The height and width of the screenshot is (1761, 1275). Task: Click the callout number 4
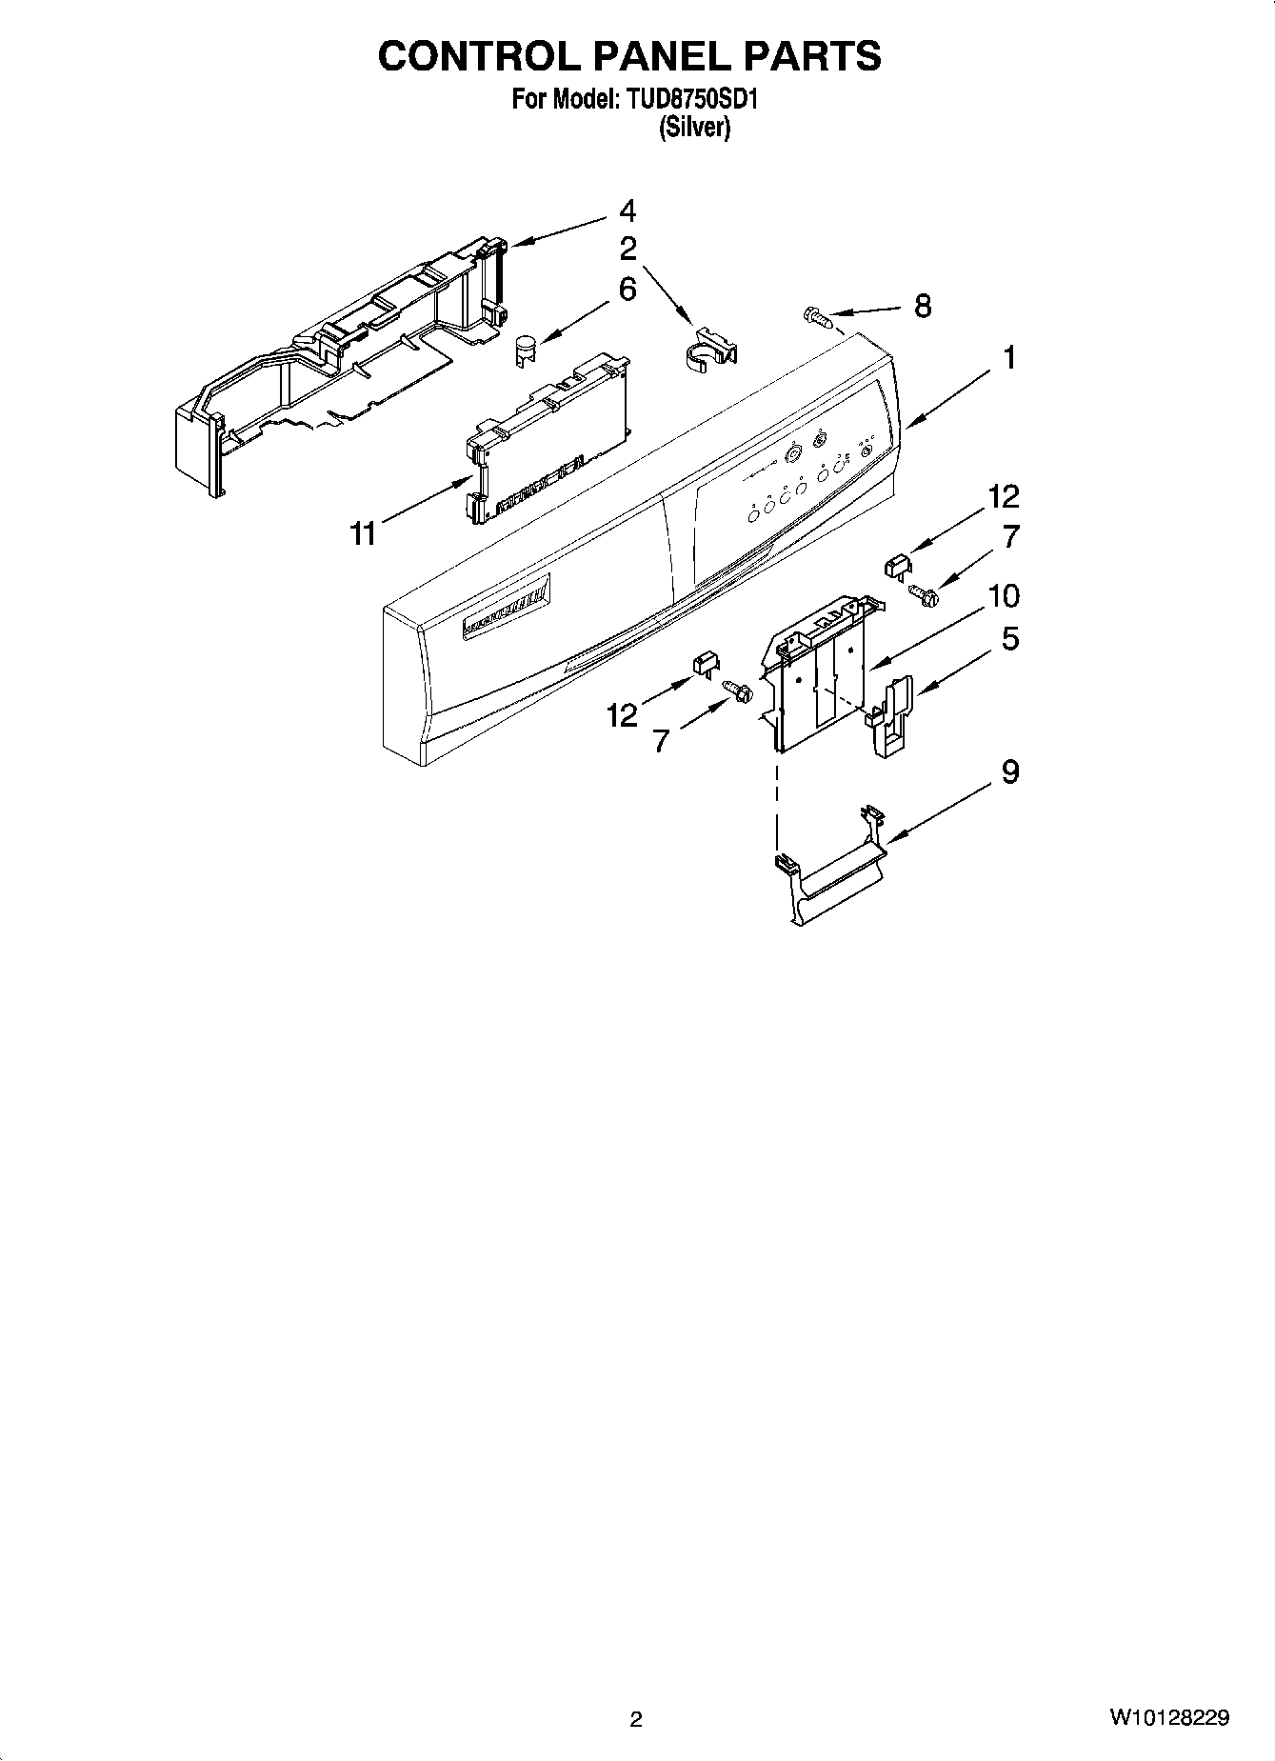[x=627, y=210]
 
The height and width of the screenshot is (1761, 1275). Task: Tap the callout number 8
[x=922, y=306]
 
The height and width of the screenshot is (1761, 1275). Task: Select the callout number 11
[x=362, y=534]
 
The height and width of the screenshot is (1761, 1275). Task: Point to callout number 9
[x=1009, y=771]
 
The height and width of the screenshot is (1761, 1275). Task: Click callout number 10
[x=1004, y=596]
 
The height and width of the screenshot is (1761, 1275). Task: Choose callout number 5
[x=1009, y=638]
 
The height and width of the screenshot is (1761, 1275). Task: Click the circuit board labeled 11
[x=548, y=438]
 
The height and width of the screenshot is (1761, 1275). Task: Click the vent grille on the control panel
[x=506, y=610]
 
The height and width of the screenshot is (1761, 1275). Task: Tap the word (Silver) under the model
[x=694, y=128]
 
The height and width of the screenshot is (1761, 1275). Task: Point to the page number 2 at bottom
[x=636, y=1719]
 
